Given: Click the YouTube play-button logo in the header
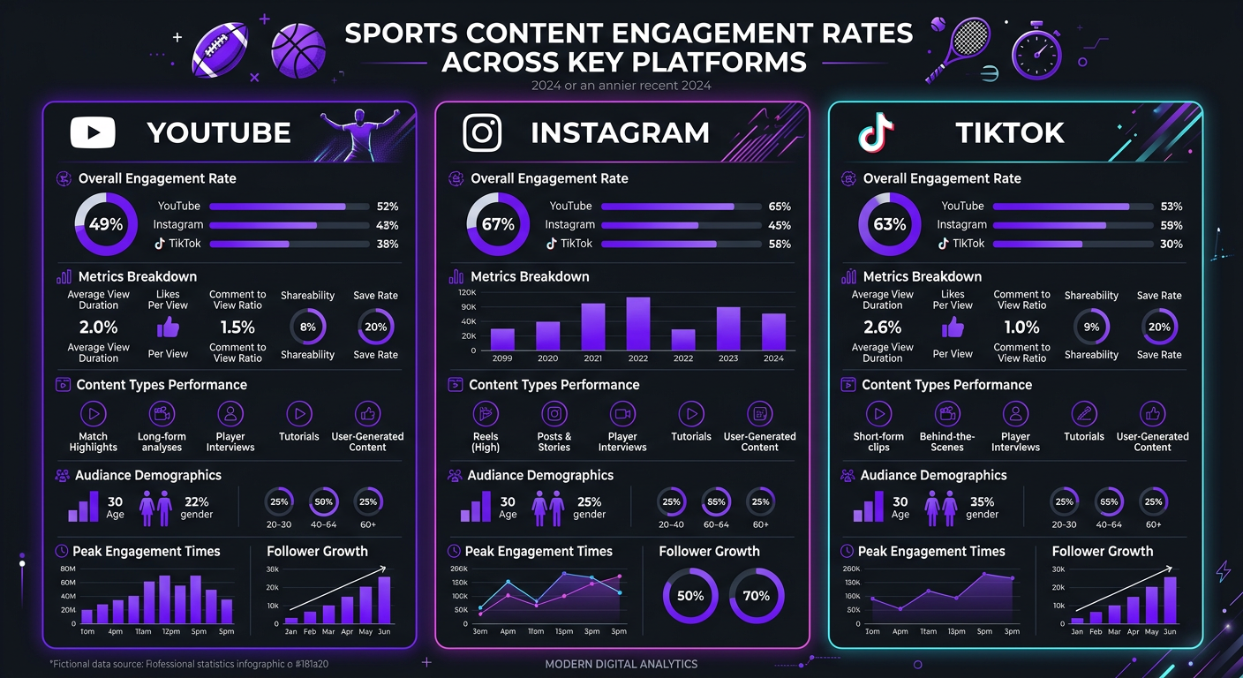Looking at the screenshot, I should [x=93, y=133].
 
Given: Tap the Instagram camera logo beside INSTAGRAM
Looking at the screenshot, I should [x=482, y=133].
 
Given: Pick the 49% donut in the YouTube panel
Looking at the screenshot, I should [x=106, y=224].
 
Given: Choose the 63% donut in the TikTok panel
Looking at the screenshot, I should [x=890, y=224].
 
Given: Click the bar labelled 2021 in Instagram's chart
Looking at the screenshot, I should [x=593, y=327].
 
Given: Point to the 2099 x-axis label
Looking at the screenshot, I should [x=502, y=359].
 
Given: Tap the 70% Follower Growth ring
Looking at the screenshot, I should [x=757, y=596].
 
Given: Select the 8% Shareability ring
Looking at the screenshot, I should [x=307, y=327].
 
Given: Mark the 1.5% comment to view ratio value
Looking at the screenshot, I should [x=237, y=327].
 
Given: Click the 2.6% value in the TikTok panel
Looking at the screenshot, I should [x=883, y=327].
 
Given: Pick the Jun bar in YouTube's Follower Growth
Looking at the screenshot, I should [x=384, y=599].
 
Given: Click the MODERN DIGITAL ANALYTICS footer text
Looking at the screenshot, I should [x=621, y=664].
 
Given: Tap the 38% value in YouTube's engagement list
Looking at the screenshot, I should [x=388, y=244].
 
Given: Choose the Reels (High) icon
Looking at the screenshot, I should [x=486, y=413].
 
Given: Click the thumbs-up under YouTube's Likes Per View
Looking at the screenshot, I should [x=168, y=328].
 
